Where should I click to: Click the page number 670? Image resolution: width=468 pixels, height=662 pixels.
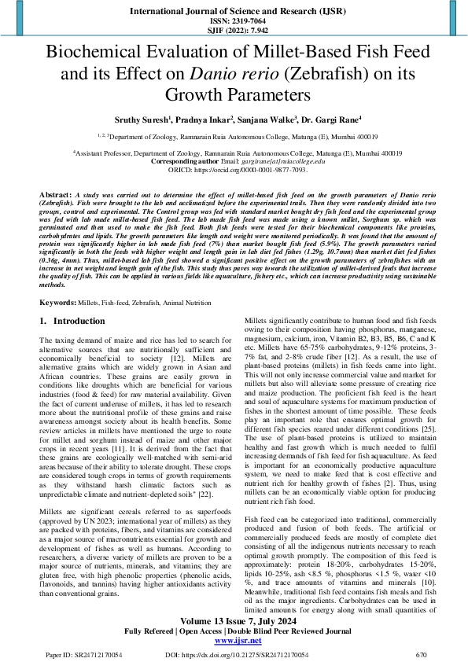pos(421,653)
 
